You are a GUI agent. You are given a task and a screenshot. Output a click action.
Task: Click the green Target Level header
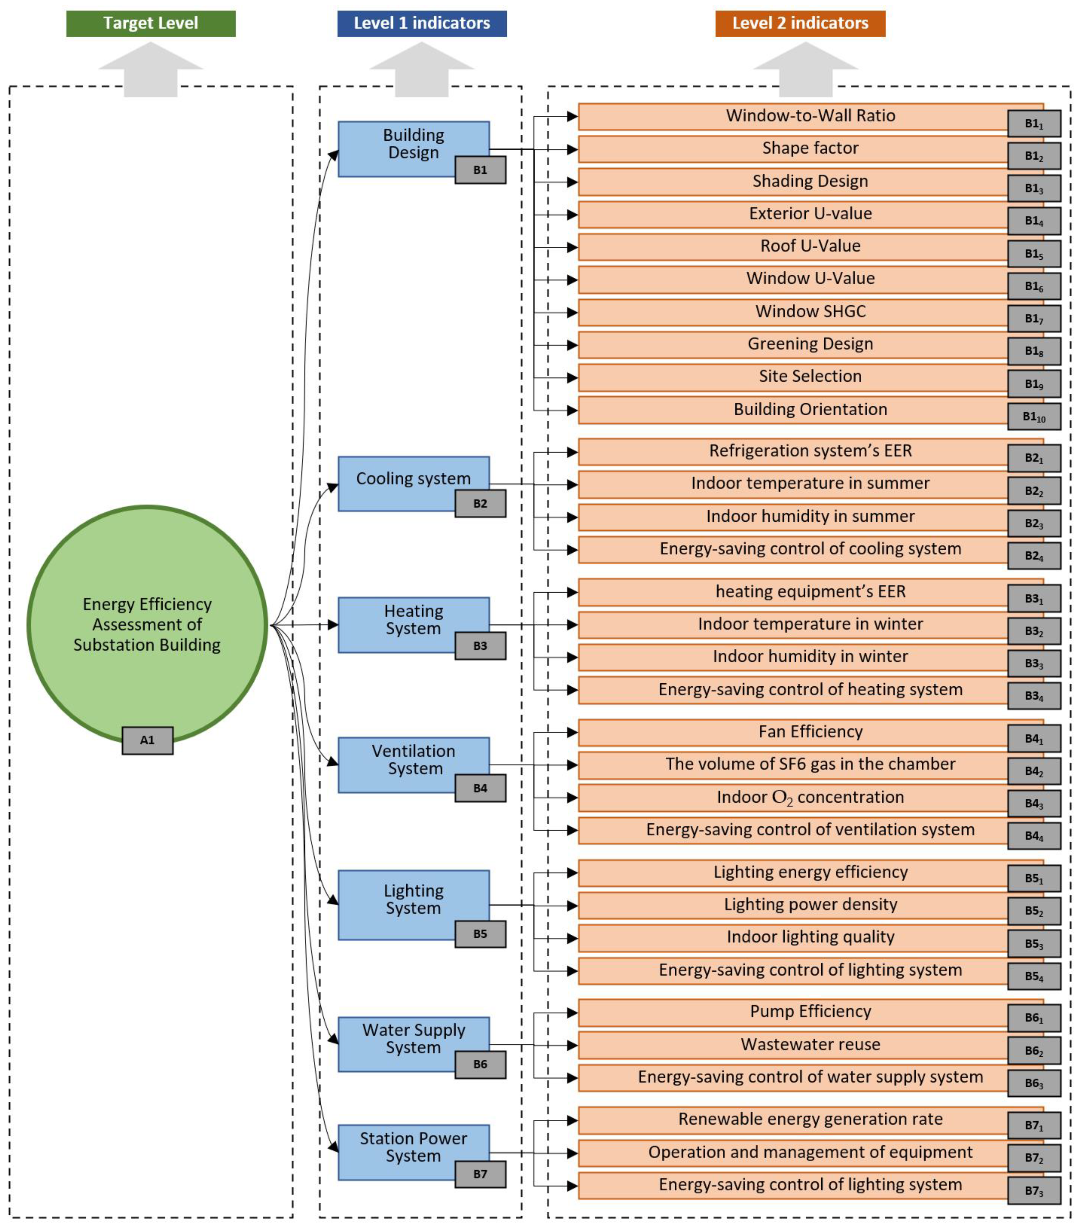pyautogui.click(x=151, y=23)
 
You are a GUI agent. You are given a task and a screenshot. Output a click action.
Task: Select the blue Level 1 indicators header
pyautogui.click(x=422, y=23)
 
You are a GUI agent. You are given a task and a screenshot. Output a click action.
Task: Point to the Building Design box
pyautogui.click(x=413, y=144)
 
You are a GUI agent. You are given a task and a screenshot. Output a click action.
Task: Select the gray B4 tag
pyautogui.click(x=480, y=788)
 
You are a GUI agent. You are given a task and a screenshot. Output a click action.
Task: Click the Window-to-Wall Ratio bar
pyautogui.click(x=810, y=116)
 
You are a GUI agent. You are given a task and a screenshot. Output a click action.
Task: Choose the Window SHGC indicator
pyautogui.click(x=810, y=311)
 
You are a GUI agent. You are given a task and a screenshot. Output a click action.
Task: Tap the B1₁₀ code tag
pyautogui.click(x=1033, y=417)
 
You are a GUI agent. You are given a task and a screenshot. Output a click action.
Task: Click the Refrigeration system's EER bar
pyautogui.click(x=810, y=451)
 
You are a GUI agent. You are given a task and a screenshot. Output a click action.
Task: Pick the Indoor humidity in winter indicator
pyautogui.click(x=810, y=656)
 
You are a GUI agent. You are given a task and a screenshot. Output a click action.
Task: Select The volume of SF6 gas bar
pyautogui.click(x=810, y=764)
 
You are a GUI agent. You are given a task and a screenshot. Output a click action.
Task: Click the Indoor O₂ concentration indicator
pyautogui.click(x=810, y=797)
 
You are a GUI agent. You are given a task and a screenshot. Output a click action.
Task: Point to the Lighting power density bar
pyautogui.click(x=810, y=904)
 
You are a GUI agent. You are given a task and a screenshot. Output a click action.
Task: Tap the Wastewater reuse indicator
pyautogui.click(x=810, y=1044)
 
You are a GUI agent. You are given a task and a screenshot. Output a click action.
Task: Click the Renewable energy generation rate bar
pyautogui.click(x=810, y=1119)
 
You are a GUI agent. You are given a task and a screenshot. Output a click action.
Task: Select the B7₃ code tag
pyautogui.click(x=1033, y=1191)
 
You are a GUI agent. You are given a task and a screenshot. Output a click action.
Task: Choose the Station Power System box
pyautogui.click(x=413, y=1147)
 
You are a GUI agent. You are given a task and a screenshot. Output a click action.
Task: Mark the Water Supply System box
pyautogui.click(x=413, y=1039)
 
